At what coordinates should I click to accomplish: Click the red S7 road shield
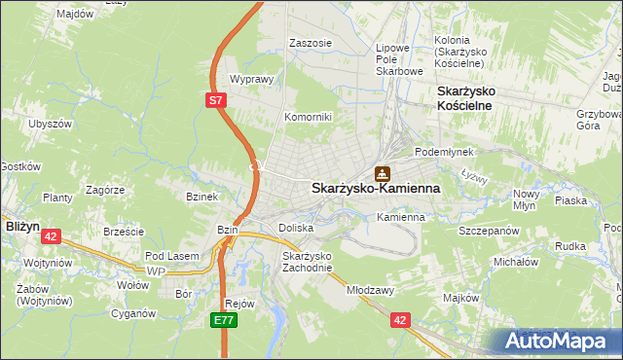click(217, 99)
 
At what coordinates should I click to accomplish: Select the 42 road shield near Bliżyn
click(53, 235)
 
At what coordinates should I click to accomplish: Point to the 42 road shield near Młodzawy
click(400, 318)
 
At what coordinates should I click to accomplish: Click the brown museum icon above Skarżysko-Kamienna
click(384, 173)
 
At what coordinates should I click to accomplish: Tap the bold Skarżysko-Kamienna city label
click(376, 189)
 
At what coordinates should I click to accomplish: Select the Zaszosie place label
click(311, 44)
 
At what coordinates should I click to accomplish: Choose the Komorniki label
click(308, 117)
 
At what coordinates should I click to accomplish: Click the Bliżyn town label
click(21, 225)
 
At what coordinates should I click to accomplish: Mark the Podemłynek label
click(443, 152)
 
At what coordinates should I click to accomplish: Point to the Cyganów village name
click(133, 313)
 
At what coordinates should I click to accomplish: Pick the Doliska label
click(296, 228)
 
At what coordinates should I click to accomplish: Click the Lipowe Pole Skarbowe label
click(399, 58)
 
